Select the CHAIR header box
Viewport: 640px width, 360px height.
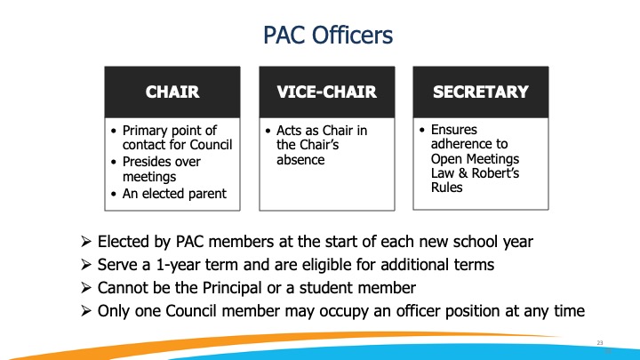pos(172,91)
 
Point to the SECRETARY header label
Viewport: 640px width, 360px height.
pos(481,91)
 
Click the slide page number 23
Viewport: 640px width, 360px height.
pos(600,342)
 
